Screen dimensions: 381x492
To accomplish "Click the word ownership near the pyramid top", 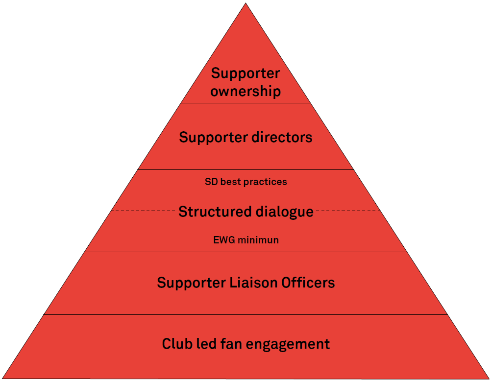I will click(246, 92).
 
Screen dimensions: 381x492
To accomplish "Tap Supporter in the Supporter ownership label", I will click(246, 73).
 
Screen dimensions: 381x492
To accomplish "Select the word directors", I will click(282, 137).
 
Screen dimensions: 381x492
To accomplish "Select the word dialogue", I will click(284, 212).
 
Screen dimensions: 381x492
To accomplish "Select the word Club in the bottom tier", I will click(175, 344).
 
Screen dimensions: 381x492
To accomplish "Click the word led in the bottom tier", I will click(205, 344).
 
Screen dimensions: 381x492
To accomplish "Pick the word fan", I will click(231, 344).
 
